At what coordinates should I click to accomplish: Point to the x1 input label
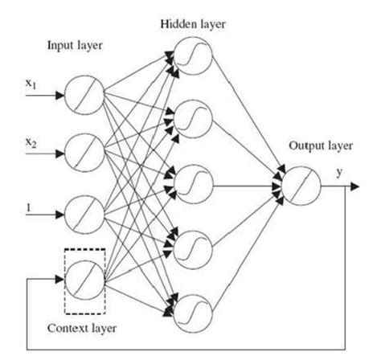click(x=31, y=83)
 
